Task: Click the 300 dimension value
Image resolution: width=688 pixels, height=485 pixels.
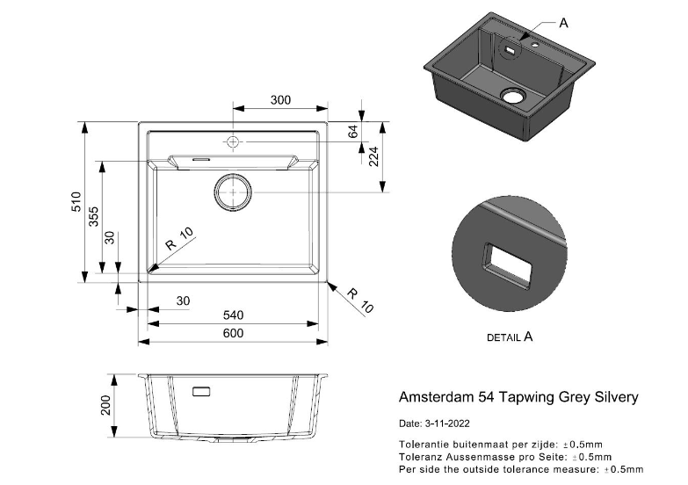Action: point(280,100)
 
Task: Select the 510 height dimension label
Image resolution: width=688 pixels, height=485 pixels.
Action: point(77,202)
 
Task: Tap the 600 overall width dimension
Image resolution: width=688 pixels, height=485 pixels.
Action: point(232,333)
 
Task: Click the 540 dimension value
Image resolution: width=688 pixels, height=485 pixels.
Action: point(232,315)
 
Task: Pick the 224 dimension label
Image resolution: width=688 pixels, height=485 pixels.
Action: point(373,156)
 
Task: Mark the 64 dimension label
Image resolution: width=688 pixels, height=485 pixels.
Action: point(354,132)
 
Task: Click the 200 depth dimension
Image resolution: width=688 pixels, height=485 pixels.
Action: point(106,405)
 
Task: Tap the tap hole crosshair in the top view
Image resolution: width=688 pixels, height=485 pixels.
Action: point(232,141)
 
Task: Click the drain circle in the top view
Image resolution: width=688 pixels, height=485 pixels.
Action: point(232,191)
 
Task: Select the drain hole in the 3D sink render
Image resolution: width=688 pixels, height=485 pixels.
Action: point(512,94)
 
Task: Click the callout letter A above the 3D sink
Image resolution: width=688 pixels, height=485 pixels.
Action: point(564,24)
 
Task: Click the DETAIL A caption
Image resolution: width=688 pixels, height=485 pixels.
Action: point(510,337)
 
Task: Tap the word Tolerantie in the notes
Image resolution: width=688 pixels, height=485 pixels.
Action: point(425,445)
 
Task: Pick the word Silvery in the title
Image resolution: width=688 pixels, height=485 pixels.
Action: point(615,398)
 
